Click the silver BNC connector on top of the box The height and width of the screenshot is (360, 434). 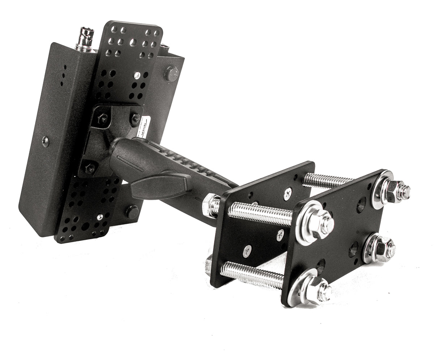(85, 39)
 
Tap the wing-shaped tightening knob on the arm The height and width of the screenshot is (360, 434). (161, 186)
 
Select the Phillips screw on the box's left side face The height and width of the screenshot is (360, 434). (46, 141)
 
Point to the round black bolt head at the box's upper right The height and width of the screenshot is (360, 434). (171, 73)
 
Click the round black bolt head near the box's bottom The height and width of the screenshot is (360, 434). (132, 211)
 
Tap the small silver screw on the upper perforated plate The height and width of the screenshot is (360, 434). (137, 75)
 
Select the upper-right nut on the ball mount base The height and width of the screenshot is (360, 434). (136, 118)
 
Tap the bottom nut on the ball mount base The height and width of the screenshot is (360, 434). (90, 168)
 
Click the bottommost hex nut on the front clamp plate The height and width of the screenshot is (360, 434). (318, 289)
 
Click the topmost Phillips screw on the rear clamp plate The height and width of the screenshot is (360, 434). (288, 194)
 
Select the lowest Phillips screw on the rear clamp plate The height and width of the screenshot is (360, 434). (247, 250)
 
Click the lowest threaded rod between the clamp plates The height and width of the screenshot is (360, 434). (253, 275)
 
